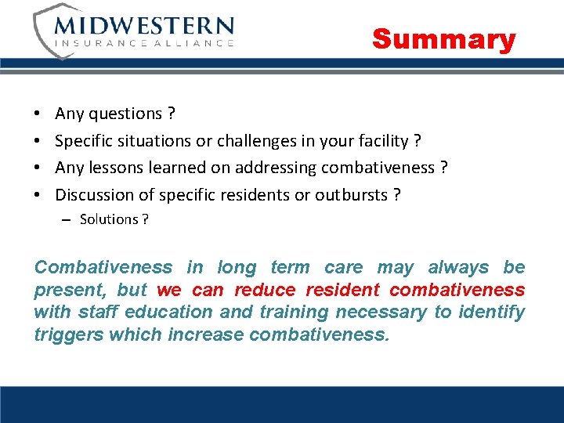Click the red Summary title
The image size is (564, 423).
(x=443, y=38)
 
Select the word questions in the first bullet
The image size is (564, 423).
(x=125, y=114)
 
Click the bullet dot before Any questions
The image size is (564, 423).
(x=38, y=114)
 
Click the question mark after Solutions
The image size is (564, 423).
(x=145, y=219)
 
